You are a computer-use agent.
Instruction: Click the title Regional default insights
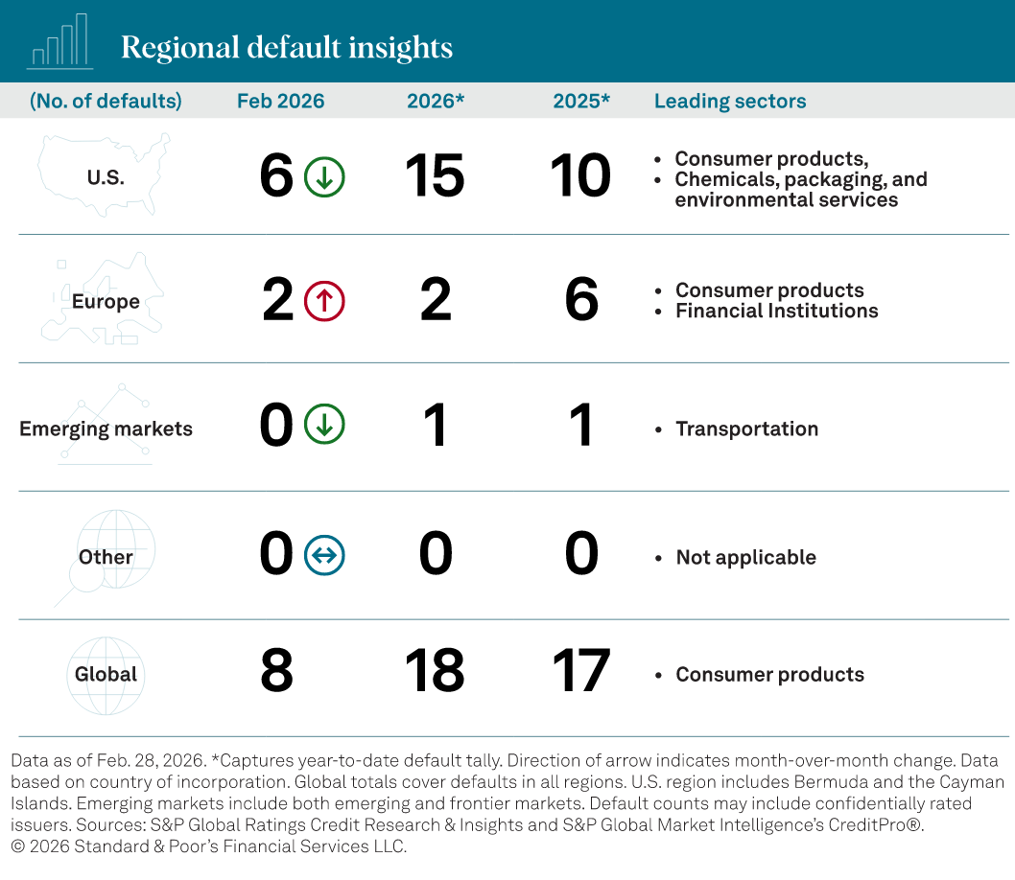pyautogui.click(x=286, y=47)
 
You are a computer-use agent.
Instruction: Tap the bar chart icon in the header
pyautogui.click(x=59, y=42)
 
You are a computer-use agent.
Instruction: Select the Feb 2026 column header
pyautogui.click(x=280, y=101)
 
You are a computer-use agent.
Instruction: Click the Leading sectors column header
pyautogui.click(x=729, y=101)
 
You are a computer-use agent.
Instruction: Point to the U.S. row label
pyautogui.click(x=106, y=177)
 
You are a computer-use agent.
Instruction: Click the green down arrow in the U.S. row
pyautogui.click(x=324, y=177)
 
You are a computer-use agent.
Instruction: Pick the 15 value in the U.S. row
pyautogui.click(x=435, y=177)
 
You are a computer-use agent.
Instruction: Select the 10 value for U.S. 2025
pyautogui.click(x=580, y=177)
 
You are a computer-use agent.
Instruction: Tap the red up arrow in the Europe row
pyautogui.click(x=324, y=301)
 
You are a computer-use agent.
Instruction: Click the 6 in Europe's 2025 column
pyautogui.click(x=581, y=301)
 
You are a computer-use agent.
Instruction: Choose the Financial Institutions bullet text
pyautogui.click(x=776, y=311)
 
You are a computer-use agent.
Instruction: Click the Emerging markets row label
pyautogui.click(x=106, y=428)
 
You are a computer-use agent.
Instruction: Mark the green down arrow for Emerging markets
pyautogui.click(x=324, y=426)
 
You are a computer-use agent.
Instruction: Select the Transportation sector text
pyautogui.click(x=746, y=428)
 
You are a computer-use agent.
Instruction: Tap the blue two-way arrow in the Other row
pyautogui.click(x=324, y=555)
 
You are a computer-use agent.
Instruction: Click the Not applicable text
pyautogui.click(x=745, y=557)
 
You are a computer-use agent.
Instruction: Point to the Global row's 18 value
pyautogui.click(x=435, y=671)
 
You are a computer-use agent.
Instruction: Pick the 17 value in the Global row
pyautogui.click(x=580, y=671)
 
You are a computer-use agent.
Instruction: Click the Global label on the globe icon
pyautogui.click(x=106, y=674)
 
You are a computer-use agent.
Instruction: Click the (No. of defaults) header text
pyautogui.click(x=106, y=101)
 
